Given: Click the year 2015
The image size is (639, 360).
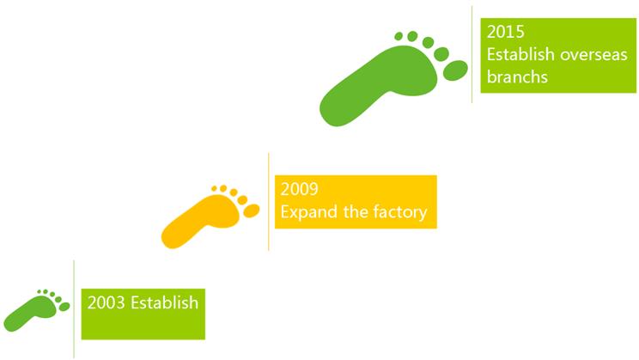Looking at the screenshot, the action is coord(505,32).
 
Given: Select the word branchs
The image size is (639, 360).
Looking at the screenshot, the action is coord(517,76).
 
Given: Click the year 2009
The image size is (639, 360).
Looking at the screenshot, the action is coord(299,189).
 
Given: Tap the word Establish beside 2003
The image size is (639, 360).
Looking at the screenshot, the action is coord(164,302).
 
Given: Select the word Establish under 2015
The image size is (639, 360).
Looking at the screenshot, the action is coord(520,54).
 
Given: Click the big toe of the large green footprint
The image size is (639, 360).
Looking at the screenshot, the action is coord(455,70).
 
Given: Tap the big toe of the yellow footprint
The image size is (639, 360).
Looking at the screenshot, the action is coord(252,211).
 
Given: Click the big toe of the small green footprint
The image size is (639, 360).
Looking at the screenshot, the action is coord(64,307).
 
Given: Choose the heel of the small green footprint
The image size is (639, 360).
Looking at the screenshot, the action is coord(11,325).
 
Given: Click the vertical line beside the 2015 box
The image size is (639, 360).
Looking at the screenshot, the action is coord(472,54).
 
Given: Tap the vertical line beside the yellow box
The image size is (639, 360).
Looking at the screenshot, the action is coord(269,201).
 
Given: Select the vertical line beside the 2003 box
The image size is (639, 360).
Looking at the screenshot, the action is coord(74,309).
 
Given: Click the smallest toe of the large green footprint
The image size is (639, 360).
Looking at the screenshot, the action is coord(399,36).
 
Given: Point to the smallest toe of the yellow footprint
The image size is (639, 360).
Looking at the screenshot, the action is coord(215,188).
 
